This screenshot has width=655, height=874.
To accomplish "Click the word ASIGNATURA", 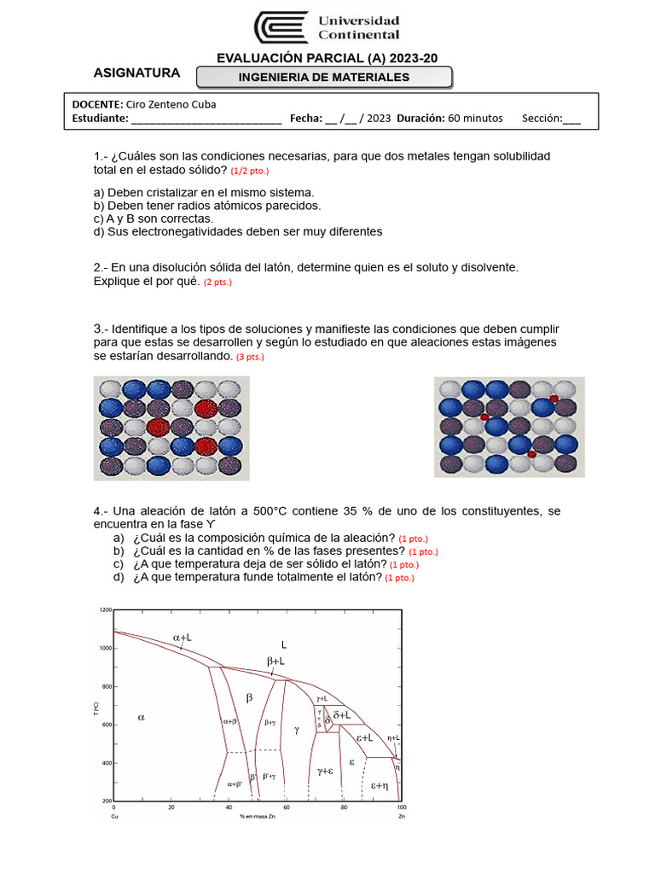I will point(136,73).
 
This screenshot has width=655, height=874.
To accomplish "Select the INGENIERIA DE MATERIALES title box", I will point(323,78).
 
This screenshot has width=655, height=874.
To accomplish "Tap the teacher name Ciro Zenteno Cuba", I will point(171,104).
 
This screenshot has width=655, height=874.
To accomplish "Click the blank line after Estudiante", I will point(206,119).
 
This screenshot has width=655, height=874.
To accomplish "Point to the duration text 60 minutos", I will point(474,119).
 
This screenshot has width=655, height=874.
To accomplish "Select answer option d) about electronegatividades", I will point(238,231).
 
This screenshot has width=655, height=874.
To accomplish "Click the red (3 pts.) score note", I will point(250,357).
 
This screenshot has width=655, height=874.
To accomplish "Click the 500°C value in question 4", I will point(270,510).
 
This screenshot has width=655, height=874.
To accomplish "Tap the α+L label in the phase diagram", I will point(182,638).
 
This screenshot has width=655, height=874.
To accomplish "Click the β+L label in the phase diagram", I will point(275,661).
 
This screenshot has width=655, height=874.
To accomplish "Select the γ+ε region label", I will point(325,770).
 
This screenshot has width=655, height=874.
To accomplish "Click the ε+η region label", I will point(380,784).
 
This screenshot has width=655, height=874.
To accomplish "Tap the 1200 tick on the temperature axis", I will point(105,610).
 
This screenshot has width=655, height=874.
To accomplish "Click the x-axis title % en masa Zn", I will point(258,816).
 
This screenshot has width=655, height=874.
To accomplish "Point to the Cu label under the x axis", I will point(114,816).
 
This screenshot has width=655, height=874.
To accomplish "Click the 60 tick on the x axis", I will point(287,807).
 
